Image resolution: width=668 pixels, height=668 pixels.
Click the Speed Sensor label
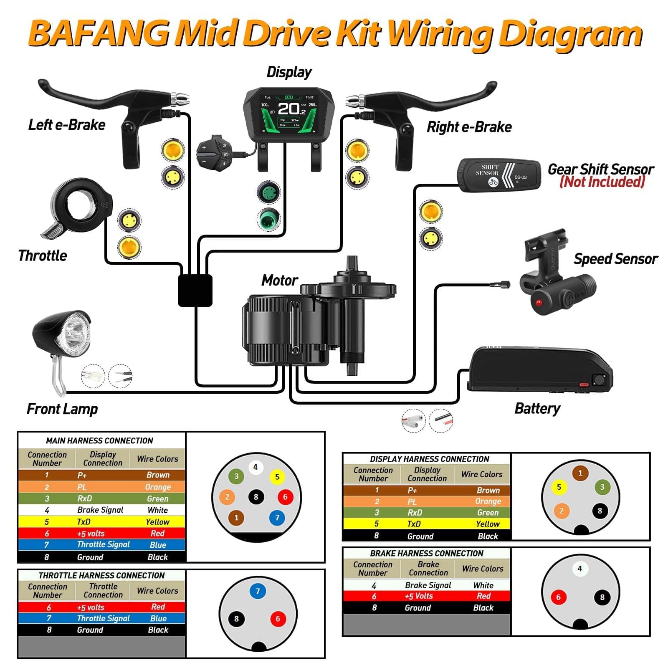click(615, 259)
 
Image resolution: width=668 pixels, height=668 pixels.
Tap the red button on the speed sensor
click(539, 302)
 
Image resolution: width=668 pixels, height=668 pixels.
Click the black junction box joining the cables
click(195, 290)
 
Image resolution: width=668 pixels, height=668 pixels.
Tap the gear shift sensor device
click(499, 175)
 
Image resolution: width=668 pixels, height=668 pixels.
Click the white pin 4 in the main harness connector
click(256, 467)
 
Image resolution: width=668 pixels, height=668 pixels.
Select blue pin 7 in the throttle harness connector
click(258, 591)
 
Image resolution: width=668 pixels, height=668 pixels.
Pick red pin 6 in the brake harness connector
click(558, 597)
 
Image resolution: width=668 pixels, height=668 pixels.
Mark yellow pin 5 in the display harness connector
click(559, 487)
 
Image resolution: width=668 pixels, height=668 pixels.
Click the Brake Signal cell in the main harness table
click(100, 510)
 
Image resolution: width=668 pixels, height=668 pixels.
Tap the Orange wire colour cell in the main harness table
click(158, 487)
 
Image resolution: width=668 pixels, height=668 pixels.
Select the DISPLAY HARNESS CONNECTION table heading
click(429, 459)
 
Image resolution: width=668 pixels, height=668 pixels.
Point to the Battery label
click(537, 408)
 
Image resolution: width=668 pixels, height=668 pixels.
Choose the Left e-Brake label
click(67, 125)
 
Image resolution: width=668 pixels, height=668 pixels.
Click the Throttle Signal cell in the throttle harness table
click(103, 618)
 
